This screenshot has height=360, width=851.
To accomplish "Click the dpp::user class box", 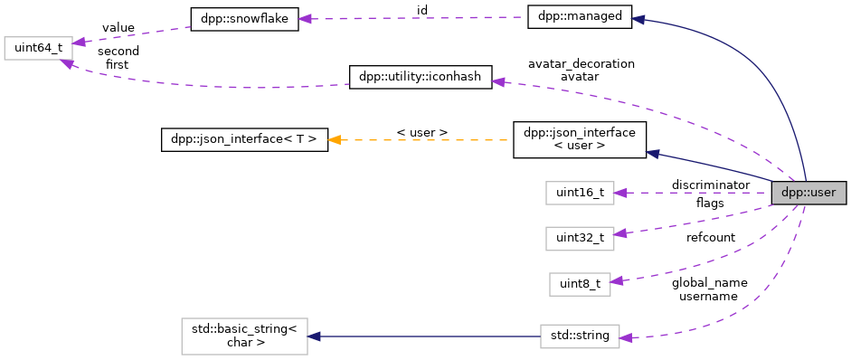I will click(x=808, y=193).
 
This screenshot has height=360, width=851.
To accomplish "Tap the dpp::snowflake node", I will click(x=243, y=18).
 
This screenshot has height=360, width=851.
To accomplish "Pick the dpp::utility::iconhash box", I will click(x=421, y=77).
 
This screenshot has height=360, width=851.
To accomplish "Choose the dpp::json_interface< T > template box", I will click(x=244, y=140).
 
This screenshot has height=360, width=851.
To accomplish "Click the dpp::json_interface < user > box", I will click(x=580, y=140).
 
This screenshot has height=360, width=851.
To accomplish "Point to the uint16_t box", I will click(x=580, y=193).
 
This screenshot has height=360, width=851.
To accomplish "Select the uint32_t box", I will click(x=580, y=238).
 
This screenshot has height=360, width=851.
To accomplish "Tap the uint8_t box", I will click(x=580, y=284).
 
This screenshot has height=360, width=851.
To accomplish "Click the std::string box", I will click(x=580, y=336).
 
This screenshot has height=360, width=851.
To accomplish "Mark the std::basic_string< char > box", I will click(x=244, y=336).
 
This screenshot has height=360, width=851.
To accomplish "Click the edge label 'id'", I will click(x=421, y=10).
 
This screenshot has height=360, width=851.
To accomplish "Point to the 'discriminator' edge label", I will click(x=710, y=185).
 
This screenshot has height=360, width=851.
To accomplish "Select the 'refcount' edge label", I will click(x=710, y=237).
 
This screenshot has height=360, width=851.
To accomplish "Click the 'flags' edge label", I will click(x=710, y=203).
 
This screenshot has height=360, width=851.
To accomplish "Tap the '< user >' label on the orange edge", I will click(x=421, y=132).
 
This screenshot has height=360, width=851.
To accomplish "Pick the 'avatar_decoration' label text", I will click(x=582, y=63).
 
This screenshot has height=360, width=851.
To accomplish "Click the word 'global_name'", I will click(x=709, y=282).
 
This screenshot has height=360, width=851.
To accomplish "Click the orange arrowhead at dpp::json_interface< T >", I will click(x=335, y=140).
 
